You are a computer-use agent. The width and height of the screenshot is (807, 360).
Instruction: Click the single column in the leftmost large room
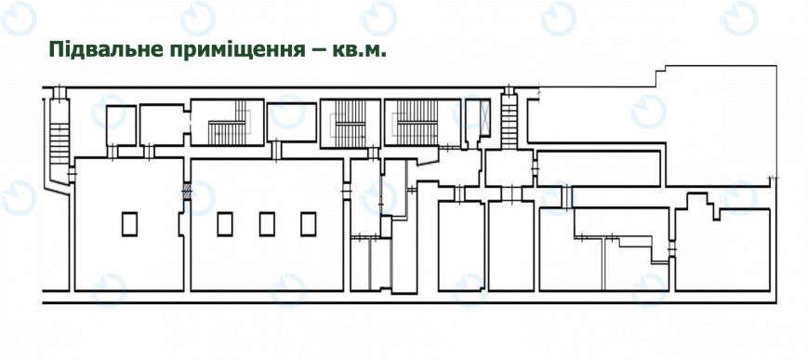tap(129, 223)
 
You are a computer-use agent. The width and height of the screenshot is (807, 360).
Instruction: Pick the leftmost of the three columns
tap(224, 223)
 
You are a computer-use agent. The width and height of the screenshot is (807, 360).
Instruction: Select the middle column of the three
tap(267, 223)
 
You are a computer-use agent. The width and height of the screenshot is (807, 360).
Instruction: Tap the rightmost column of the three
tap(309, 223)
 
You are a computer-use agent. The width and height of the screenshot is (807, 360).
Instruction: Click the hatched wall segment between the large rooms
tap(186, 193)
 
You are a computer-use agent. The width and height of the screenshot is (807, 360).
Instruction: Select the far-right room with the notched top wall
tap(723, 247)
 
